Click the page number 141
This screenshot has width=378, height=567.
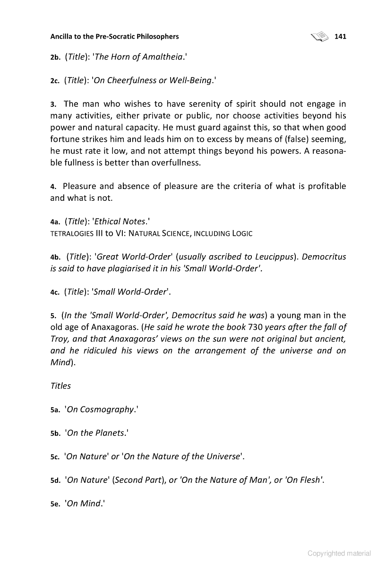[340, 36]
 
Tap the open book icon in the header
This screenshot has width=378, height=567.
[320, 36]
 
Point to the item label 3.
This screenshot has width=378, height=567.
[53, 104]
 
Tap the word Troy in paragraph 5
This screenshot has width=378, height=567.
[60, 339]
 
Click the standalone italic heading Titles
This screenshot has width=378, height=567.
[60, 386]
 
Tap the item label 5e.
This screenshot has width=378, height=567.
[56, 504]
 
